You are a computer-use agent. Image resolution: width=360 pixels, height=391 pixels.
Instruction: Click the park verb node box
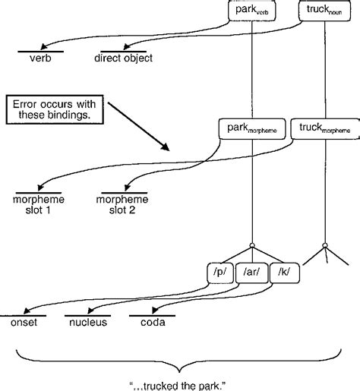251,11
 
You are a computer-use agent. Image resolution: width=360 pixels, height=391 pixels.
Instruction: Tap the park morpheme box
251,128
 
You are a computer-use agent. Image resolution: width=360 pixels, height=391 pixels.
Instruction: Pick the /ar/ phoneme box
251,270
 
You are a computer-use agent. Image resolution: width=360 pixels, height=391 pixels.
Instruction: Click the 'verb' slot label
39,58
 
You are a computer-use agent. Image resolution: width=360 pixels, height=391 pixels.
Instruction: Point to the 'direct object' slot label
123,58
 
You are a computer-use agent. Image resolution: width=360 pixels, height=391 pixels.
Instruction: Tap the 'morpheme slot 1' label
38,204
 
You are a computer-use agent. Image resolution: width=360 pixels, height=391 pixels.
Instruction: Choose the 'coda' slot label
153,321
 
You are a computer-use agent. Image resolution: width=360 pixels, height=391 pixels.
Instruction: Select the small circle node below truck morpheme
325,244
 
